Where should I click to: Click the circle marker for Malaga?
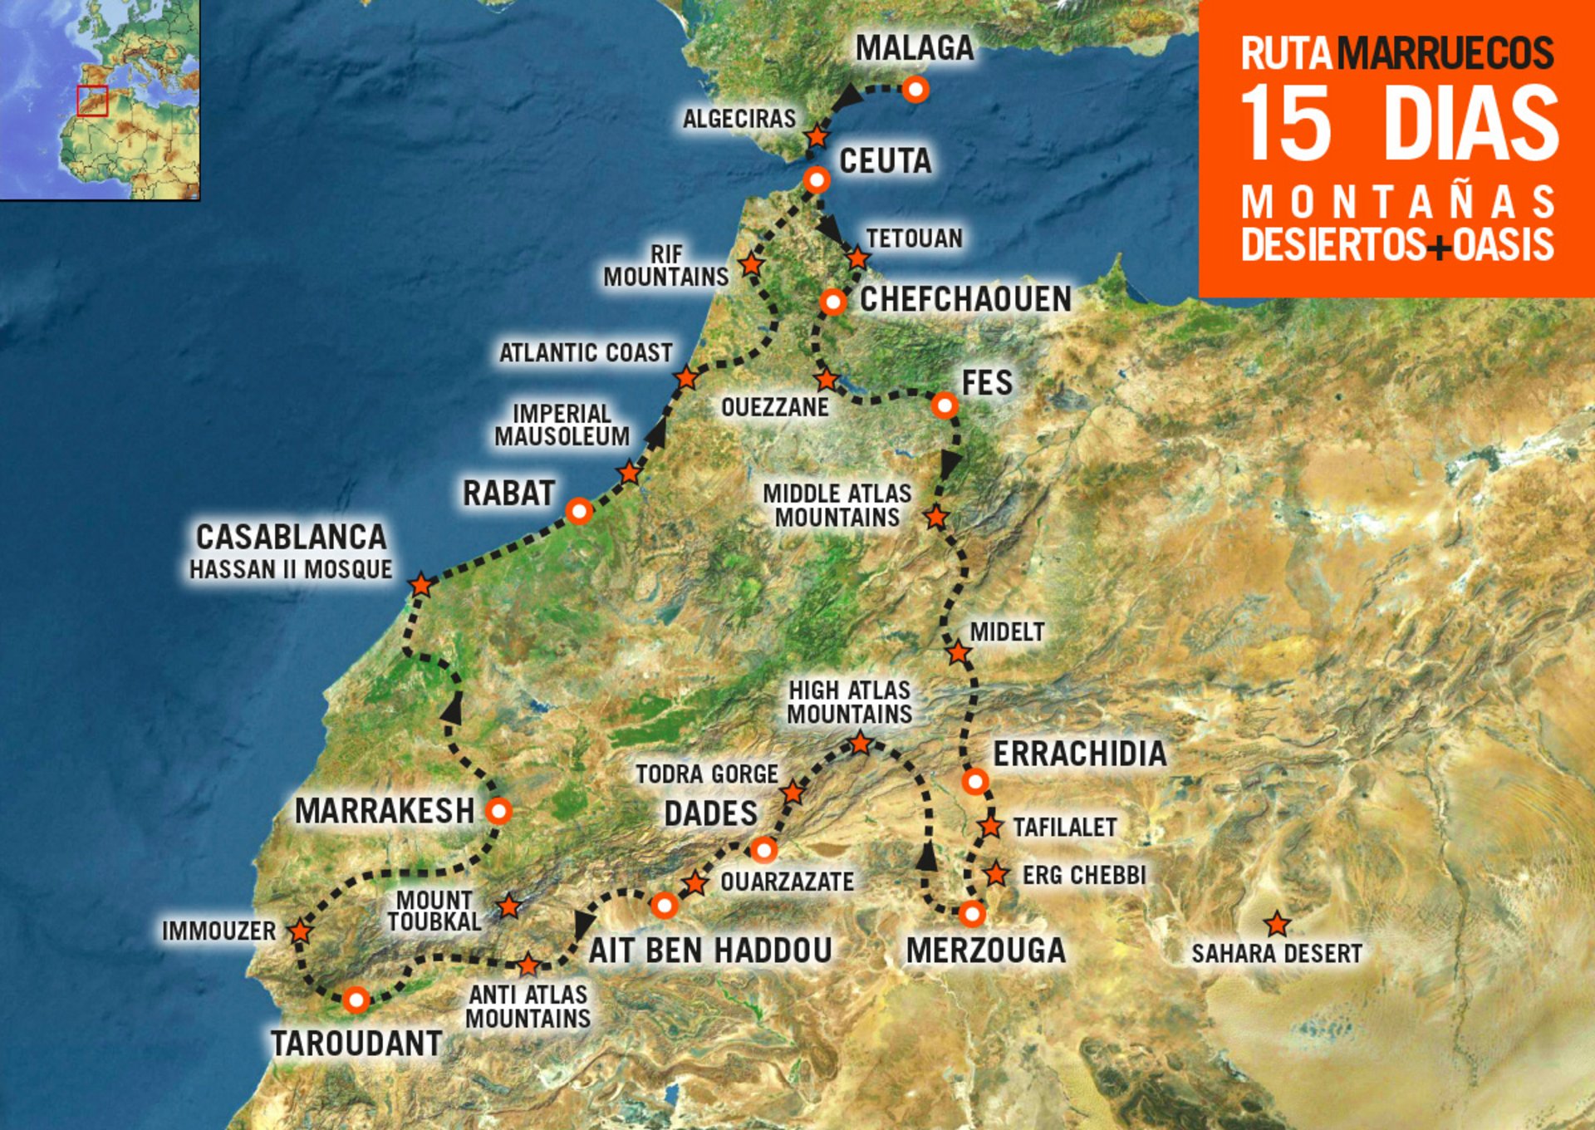pos(915,89)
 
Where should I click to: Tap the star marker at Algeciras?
pos(817,136)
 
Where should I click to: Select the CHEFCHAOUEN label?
pos(965,299)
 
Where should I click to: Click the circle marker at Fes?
pos(945,405)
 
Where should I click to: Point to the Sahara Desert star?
pos(1276,924)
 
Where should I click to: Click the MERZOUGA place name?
pos(985,951)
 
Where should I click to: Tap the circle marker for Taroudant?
pos(356,1000)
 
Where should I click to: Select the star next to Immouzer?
pos(300,931)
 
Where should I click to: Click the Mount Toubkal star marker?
pos(508,906)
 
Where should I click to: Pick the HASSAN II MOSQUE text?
pos(291,570)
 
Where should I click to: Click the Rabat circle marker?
pos(579,511)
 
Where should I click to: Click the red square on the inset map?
pos(92,101)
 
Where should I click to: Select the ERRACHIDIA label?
pos(1080,754)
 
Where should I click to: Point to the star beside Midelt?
pos(959,652)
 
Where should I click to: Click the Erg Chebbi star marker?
pos(996,874)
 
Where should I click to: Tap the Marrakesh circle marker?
pos(498,810)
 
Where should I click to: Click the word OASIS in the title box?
pos(1503,245)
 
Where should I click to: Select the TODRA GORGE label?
pos(707,774)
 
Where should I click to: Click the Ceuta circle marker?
pos(817,179)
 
